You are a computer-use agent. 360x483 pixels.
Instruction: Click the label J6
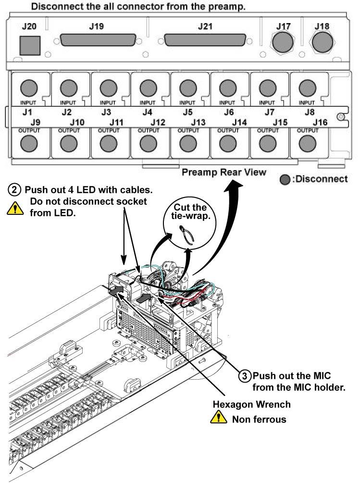(229, 112)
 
